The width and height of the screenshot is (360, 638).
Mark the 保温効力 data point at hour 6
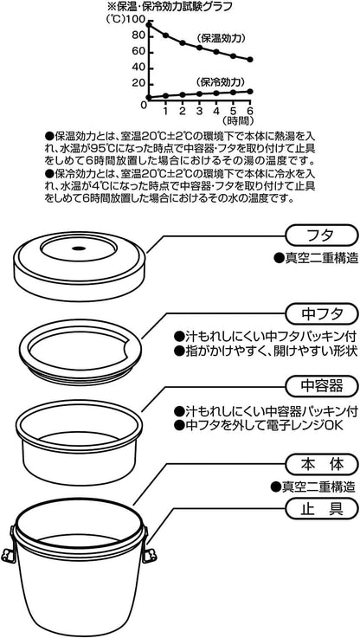[x=249, y=60]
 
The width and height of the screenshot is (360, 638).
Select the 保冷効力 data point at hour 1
[x=165, y=95]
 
